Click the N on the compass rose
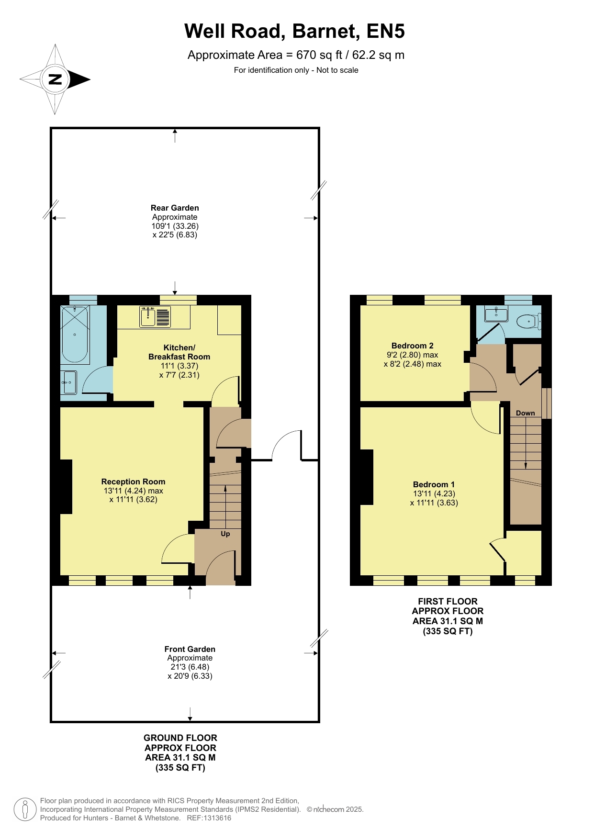[55, 79]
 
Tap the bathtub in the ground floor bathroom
[75, 335]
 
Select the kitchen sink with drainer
[155, 317]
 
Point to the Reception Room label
[133, 482]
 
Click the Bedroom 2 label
[413, 346]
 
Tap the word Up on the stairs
[225, 534]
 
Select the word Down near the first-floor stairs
[525, 413]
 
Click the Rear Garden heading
[175, 208]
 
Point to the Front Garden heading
[190, 649]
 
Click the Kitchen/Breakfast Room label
[179, 352]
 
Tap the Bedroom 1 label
[434, 484]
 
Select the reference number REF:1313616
[209, 818]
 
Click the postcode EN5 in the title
[386, 31]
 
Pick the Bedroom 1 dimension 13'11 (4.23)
[434, 493]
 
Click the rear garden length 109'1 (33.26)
[175, 226]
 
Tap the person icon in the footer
[25, 809]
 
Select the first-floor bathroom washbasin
[496, 314]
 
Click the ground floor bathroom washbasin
[69, 382]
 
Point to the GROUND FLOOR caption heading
[180, 738]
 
